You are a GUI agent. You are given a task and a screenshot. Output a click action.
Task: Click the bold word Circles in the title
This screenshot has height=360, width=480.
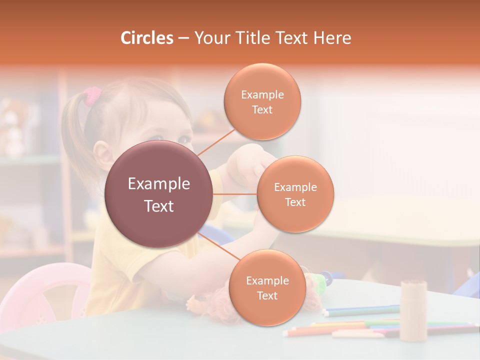(x=146, y=38)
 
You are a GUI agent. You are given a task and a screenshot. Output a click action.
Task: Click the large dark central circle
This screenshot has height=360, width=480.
(x=158, y=194)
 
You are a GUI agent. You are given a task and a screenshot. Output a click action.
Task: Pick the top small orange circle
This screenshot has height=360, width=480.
(x=262, y=101)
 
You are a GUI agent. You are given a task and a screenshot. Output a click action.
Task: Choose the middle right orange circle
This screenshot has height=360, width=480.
(x=295, y=194)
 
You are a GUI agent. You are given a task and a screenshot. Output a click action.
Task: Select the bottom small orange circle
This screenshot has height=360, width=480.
(x=267, y=287)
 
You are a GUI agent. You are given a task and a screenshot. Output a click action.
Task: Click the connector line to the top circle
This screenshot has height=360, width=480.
(x=214, y=142)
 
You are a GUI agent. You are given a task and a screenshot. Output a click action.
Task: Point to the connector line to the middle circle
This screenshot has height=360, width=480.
(x=235, y=194)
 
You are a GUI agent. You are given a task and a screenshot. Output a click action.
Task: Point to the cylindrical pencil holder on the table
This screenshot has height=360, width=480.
(x=413, y=310)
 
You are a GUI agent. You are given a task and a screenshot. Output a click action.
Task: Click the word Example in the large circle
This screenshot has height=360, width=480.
(x=158, y=184)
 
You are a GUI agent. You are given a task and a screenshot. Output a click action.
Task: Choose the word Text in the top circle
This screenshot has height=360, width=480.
(x=262, y=109)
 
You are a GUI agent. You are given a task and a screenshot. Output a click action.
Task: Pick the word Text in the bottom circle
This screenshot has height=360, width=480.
(x=267, y=295)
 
